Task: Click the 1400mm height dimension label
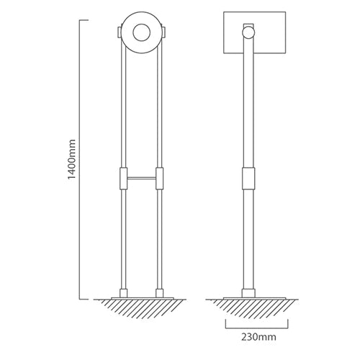pos(71,159)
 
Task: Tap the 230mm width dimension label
pos(258,337)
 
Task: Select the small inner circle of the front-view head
pos(142,32)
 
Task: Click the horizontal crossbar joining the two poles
pos(142,178)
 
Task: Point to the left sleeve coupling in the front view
pos(123,179)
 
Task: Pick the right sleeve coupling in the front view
pos(160,179)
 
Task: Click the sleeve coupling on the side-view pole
pos(248,179)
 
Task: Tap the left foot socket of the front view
pos(123,293)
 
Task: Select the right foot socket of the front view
pos(160,293)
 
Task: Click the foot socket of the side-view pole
pos(248,293)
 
